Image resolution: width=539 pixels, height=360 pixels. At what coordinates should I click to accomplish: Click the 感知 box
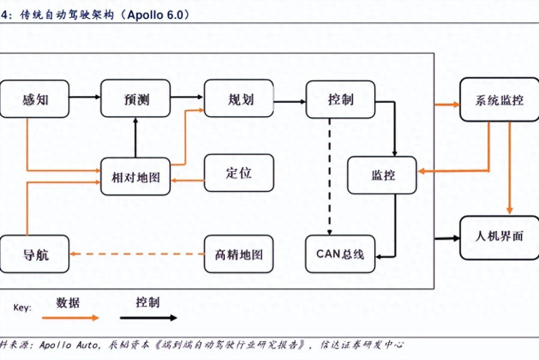coord(35,99)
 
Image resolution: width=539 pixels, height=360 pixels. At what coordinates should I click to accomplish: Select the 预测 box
coord(136,99)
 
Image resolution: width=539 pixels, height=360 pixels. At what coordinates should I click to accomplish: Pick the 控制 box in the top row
coord(340,99)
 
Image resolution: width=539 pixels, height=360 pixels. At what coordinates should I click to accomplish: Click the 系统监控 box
coord(499,99)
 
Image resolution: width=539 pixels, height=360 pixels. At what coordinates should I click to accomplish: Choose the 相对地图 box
coord(136,177)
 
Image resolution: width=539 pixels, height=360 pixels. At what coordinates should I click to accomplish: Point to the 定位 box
coord(238,172)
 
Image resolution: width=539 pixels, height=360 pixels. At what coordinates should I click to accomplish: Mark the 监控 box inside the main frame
coord(382,175)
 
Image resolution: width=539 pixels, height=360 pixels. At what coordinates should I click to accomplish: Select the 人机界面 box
coord(499,237)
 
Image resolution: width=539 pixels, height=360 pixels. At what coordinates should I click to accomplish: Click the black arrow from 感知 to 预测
coord(85,97)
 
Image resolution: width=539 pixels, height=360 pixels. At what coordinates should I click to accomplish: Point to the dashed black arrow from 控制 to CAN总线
coord(329,176)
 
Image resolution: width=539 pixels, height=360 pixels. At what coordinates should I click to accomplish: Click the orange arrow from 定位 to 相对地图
coord(187,180)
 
